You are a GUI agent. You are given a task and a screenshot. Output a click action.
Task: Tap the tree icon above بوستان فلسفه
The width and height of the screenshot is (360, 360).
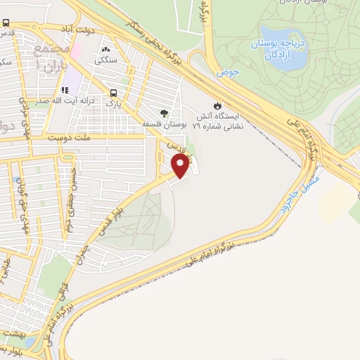165,112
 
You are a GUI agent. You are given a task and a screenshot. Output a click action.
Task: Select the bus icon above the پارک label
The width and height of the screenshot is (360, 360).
113,93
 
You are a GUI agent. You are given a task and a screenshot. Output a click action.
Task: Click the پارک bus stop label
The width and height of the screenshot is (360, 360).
113,103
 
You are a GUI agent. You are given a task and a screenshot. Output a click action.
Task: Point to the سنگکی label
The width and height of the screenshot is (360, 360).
107,60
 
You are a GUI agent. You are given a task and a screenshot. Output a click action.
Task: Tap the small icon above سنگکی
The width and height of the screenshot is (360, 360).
107,50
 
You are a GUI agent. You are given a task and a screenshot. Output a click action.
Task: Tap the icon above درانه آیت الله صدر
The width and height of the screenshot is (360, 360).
65,91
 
